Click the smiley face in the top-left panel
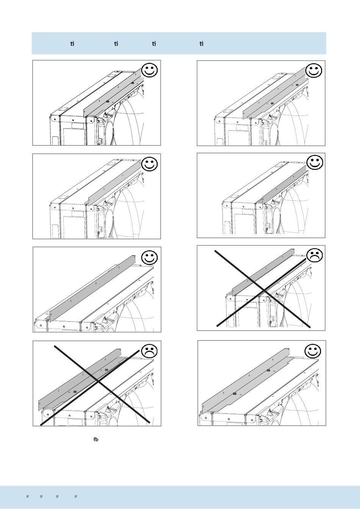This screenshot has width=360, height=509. [x=149, y=70]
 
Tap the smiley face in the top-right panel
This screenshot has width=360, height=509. [x=314, y=70]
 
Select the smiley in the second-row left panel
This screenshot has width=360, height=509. [x=149, y=164]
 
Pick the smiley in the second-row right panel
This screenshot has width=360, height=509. [x=314, y=162]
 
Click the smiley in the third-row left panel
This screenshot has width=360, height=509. [x=149, y=258]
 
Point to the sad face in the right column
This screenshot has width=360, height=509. [x=314, y=255]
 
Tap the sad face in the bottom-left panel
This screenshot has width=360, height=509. [x=149, y=351]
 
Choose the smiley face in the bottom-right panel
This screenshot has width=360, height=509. [x=313, y=351]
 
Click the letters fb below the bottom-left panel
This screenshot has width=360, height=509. [x=96, y=440]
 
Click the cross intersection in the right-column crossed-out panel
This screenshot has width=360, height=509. [x=263, y=290]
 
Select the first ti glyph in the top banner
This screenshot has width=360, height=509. [x=72, y=44]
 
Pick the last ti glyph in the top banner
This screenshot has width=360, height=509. [x=202, y=44]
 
